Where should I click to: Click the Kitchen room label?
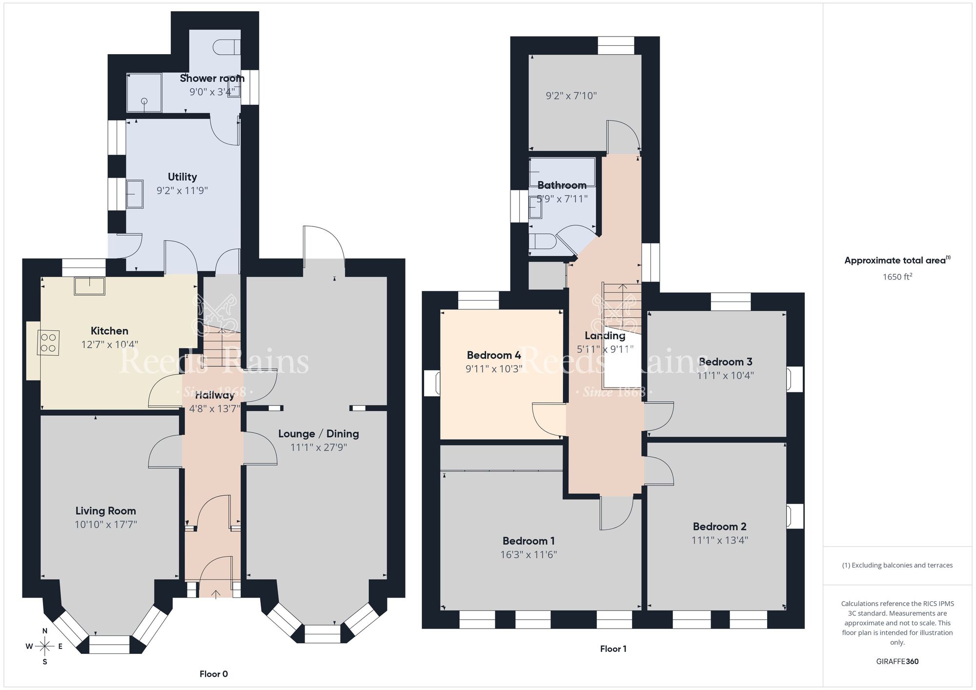click(109, 331)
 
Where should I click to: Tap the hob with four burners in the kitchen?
click(48, 343)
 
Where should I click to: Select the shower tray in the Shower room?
click(144, 93)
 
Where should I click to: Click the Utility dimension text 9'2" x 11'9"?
click(182, 190)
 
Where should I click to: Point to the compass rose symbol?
click(44, 647)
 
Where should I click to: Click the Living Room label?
click(105, 511)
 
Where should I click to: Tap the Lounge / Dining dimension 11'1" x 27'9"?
click(319, 447)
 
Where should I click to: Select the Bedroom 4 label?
click(494, 355)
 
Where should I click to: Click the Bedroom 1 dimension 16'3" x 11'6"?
click(529, 554)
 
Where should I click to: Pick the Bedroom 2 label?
click(719, 527)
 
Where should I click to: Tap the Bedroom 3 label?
click(726, 362)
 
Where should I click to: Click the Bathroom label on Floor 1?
click(562, 185)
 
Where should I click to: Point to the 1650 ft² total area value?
click(897, 277)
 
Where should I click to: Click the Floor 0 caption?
click(214, 674)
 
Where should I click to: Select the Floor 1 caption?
click(613, 649)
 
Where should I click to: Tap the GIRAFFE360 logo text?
click(897, 661)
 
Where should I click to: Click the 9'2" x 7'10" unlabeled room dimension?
click(571, 96)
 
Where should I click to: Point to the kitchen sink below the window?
click(89, 286)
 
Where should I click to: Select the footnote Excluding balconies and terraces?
click(897, 565)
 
